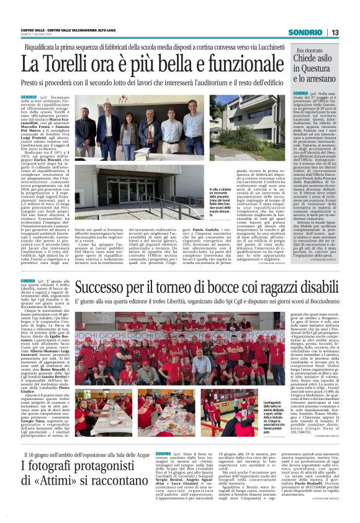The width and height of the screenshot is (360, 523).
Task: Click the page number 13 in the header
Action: tap(335, 32)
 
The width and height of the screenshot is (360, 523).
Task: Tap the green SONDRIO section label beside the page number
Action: tap(305, 32)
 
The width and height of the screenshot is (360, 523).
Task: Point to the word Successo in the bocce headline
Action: tap(105, 288)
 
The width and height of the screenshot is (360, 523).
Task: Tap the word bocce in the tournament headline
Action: tap(204, 288)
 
